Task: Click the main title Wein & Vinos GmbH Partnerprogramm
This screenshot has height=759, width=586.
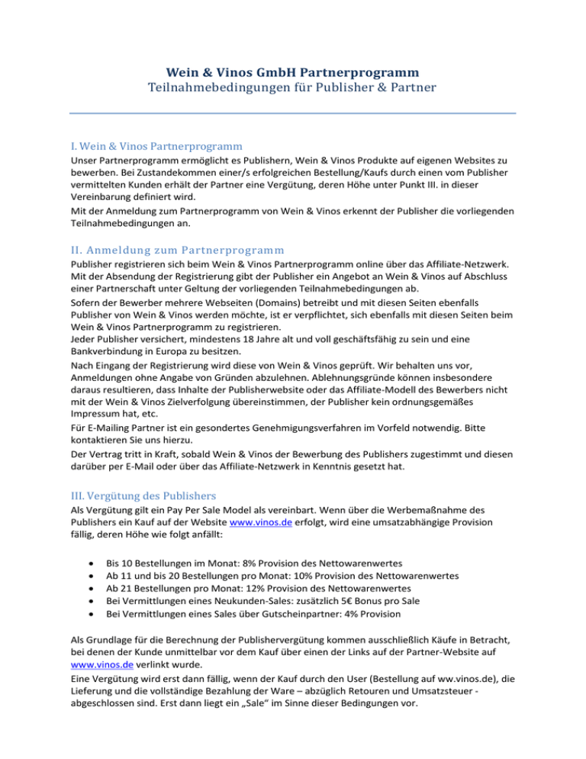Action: (x=293, y=73)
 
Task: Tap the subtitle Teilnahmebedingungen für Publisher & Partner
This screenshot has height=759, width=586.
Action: (x=293, y=89)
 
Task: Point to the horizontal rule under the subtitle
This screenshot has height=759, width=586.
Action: (x=293, y=114)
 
